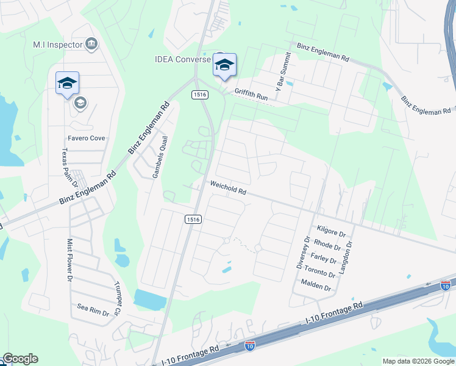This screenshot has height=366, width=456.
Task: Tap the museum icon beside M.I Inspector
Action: (x=91, y=43)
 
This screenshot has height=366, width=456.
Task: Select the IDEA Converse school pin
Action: (x=224, y=65)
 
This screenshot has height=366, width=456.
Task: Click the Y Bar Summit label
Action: (x=283, y=71)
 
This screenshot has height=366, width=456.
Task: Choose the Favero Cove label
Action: (x=86, y=138)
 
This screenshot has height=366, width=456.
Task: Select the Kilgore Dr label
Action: (x=331, y=231)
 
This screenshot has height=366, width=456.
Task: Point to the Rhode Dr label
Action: (x=328, y=245)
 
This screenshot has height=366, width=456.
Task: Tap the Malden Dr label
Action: (x=316, y=285)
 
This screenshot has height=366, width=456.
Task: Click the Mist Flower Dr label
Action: (x=69, y=259)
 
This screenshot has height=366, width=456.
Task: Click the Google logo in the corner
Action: (x=20, y=359)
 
